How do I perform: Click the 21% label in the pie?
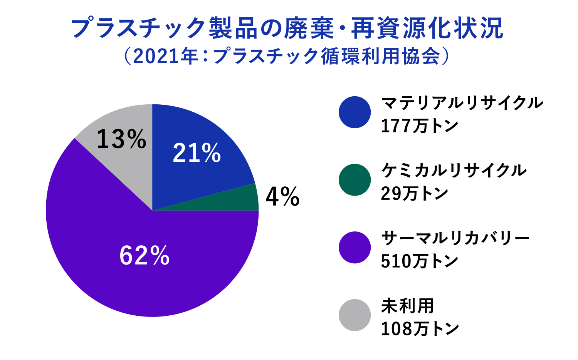[197, 153]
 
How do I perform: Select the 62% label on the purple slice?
[144, 255]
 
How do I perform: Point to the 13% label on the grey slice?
[121, 139]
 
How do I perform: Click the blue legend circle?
[355, 112]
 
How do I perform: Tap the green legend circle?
[355, 180]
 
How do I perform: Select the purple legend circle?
[355, 247]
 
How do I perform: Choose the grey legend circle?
[355, 315]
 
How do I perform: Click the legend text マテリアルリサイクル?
[462, 103]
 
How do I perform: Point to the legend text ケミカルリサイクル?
[454, 171]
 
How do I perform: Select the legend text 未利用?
[407, 306]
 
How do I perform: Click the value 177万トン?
[419, 126]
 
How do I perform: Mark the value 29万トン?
[414, 193]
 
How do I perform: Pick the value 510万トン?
[419, 261]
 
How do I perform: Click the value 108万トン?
[420, 329]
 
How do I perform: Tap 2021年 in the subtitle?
[165, 56]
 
